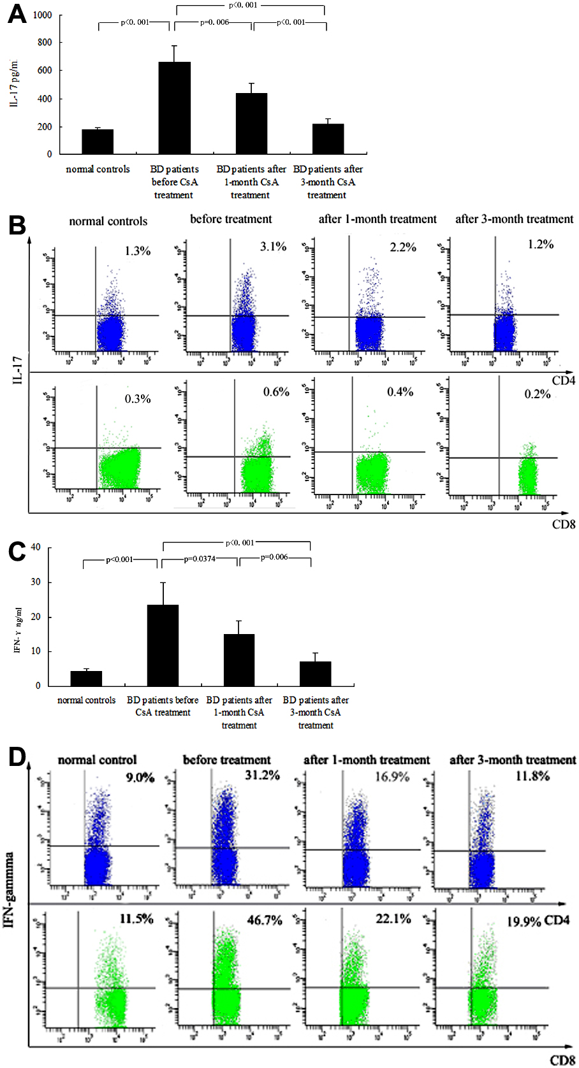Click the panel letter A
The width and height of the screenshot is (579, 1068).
[x=17, y=14]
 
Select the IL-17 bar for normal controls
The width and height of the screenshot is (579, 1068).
[x=98, y=141]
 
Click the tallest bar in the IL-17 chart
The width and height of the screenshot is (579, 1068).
[x=174, y=108]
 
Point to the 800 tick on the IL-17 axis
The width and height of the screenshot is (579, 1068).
[x=45, y=43]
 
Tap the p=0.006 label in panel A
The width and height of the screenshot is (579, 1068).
[x=214, y=22]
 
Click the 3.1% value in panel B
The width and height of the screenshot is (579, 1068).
[x=273, y=247]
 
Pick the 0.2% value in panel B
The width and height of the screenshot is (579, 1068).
[x=538, y=394]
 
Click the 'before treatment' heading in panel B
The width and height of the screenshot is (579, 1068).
[x=231, y=219]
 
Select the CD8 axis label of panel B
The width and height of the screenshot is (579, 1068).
[x=564, y=524]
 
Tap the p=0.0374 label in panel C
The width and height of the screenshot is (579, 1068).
[x=200, y=559]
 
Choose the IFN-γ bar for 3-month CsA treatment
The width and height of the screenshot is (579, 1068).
[x=316, y=674]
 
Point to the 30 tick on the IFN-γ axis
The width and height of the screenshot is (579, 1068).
[x=36, y=582]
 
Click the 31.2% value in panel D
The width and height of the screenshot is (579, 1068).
[x=262, y=775]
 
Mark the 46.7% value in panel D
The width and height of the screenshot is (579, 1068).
[x=265, y=921]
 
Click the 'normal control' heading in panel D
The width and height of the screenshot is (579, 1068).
[x=97, y=760]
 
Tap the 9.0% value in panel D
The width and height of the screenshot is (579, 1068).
[x=140, y=777]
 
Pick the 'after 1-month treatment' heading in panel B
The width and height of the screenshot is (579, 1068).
[x=377, y=219]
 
